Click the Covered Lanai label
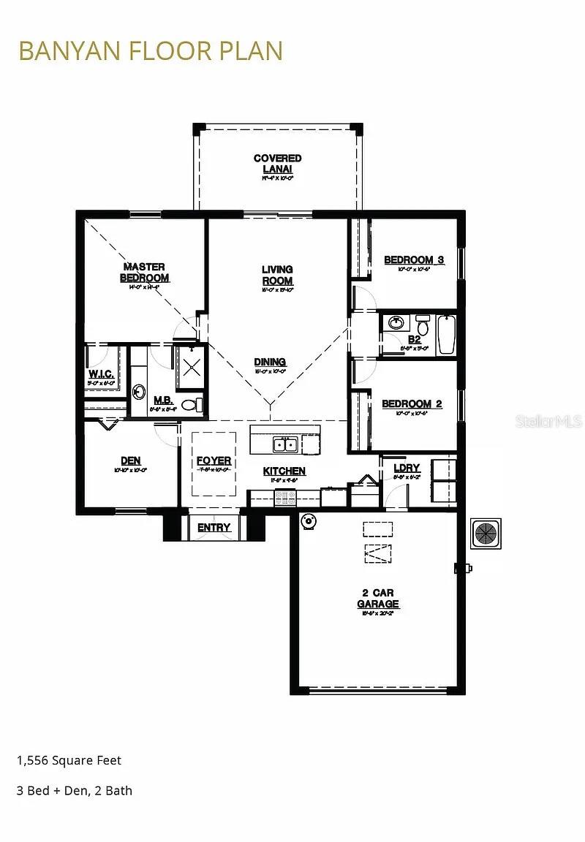coord(277,164)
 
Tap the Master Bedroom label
coord(144,273)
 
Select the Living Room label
coord(277,275)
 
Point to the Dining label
coord(270,362)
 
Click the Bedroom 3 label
coord(414,260)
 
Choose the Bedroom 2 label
coord(412,404)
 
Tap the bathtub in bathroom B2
coord(446,335)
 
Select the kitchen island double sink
coord(284,444)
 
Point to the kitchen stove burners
coord(284,498)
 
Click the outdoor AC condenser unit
coord(486,533)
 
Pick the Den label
coord(131,461)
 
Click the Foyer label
coord(214,461)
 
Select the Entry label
coord(214,527)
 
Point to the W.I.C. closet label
coord(101,374)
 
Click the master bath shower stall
coord(191,363)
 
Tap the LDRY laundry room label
coord(407,469)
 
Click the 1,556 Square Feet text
coord(69,760)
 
